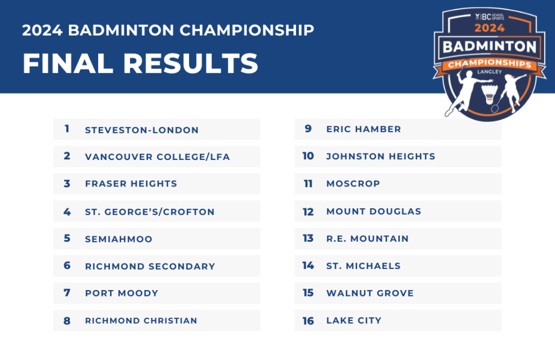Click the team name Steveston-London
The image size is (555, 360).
click(x=141, y=130)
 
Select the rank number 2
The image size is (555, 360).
click(x=67, y=156)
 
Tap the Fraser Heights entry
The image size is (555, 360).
click(x=131, y=184)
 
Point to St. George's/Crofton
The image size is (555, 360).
click(x=150, y=211)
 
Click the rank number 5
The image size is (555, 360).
click(x=67, y=238)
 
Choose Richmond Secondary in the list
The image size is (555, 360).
click(x=150, y=266)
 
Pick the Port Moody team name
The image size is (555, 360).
click(x=121, y=293)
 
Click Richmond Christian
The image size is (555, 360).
click(x=141, y=320)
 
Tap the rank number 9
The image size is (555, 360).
click(x=308, y=128)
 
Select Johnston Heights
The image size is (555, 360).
click(x=380, y=156)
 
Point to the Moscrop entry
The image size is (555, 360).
click(x=353, y=183)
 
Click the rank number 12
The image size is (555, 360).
click(x=308, y=211)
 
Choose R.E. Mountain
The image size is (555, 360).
click(x=367, y=239)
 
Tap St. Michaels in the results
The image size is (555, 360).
click(x=363, y=266)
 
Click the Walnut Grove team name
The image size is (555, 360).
click(x=370, y=293)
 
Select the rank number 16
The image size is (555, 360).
click(x=308, y=321)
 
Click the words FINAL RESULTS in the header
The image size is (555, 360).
click(x=140, y=64)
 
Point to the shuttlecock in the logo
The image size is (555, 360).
click(x=489, y=94)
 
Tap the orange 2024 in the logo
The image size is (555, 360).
click(x=489, y=28)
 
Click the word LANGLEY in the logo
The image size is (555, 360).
click(x=489, y=72)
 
